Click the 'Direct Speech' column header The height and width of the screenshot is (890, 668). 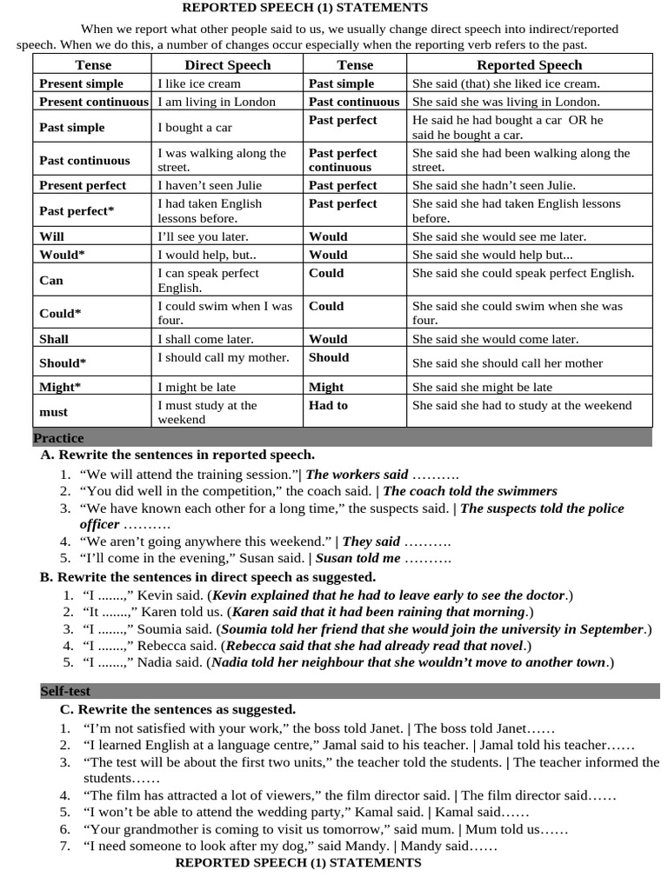(x=227, y=65)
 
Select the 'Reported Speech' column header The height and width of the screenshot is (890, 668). (x=529, y=65)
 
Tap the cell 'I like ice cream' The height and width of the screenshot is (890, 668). (x=199, y=83)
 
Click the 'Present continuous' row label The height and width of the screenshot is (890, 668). (x=94, y=102)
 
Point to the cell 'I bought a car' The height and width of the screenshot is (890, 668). (x=195, y=127)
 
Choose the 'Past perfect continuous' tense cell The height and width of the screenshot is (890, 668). (x=343, y=160)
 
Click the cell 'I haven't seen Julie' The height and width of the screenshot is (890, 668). (x=210, y=185)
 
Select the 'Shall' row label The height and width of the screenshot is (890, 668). (x=54, y=339)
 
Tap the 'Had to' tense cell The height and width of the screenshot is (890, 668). (x=328, y=405)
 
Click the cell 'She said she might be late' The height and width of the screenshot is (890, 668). (x=482, y=387)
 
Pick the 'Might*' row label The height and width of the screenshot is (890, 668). (x=59, y=387)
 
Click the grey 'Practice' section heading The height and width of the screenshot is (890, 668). (x=58, y=438)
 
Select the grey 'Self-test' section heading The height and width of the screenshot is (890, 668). (x=65, y=692)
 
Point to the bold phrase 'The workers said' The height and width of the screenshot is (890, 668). (x=357, y=475)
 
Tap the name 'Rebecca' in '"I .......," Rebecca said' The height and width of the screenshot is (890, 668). (x=162, y=646)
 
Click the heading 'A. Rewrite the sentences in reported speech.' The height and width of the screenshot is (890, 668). (x=177, y=455)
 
